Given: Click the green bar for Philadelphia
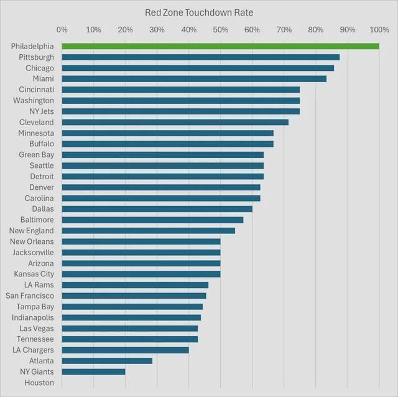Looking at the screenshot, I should pos(221,46).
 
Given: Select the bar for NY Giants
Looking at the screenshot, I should pos(93,371).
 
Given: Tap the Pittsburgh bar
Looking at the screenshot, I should pos(201,57).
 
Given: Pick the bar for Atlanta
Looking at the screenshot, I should pos(107,361).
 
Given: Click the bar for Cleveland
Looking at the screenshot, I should pos(175,122).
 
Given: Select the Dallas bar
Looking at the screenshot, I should pos(157,209).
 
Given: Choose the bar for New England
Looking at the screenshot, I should pos(149,231).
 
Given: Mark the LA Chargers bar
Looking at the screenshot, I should pos(125,350).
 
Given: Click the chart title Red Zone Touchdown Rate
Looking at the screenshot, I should pos(199,12).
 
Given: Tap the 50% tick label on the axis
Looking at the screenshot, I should pos(220,29).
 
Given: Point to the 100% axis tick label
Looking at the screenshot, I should pos(379,29).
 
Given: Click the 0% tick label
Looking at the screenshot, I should pos(62,29).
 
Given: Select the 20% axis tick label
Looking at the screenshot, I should pos(125,29).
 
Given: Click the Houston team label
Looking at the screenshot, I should pos(39,383).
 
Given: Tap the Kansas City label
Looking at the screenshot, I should pos(34,274).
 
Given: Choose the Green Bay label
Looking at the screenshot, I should pos(36,154).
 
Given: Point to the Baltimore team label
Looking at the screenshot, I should pos(37,220).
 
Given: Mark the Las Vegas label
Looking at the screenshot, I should pos(37,328).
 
